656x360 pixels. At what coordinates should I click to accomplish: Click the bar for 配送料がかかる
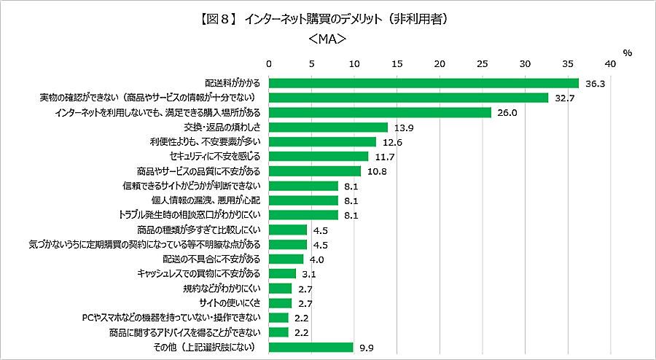coord(423,83)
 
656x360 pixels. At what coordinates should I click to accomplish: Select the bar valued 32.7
coord(408,98)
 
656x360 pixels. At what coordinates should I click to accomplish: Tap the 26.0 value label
coord(507,113)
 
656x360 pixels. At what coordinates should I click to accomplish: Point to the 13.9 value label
coord(404,128)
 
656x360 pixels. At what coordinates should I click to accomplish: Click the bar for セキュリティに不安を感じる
coord(319,156)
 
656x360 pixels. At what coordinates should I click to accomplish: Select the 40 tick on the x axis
coord(610,64)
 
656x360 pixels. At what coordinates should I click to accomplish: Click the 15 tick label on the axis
coord(397,64)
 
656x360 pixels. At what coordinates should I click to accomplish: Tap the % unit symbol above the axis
coord(628,52)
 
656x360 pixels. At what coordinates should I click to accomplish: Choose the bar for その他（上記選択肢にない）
coord(311,347)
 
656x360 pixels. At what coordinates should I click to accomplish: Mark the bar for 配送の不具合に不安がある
coord(286,259)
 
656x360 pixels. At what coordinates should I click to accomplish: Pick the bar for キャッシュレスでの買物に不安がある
coord(283,273)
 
